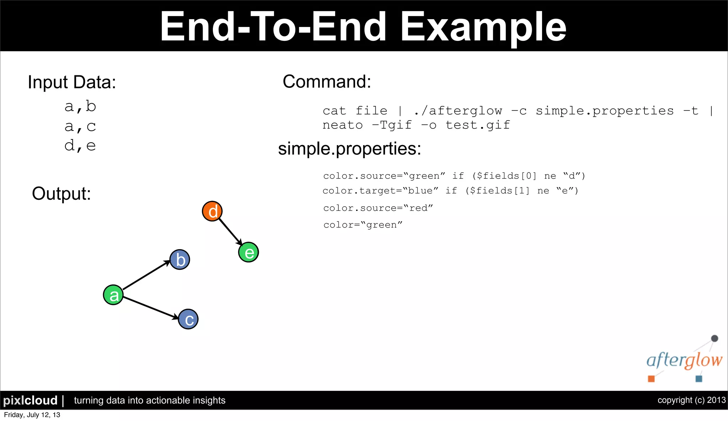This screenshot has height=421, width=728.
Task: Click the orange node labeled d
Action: pyautogui.click(x=212, y=211)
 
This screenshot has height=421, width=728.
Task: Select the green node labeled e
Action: pyautogui.click(x=248, y=252)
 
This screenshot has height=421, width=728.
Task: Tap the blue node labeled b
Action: pyautogui.click(x=180, y=260)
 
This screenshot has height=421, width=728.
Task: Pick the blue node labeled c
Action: pyautogui.click(x=188, y=319)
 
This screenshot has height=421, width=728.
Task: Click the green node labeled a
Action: pyautogui.click(x=113, y=295)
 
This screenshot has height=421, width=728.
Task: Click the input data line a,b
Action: pyautogui.click(x=80, y=106)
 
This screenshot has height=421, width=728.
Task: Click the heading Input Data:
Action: pyautogui.click(x=72, y=82)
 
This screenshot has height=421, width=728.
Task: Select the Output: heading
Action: pyautogui.click(x=61, y=194)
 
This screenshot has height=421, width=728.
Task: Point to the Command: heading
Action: pyautogui.click(x=327, y=81)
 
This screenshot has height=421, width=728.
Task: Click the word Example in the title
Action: pyautogui.click(x=483, y=27)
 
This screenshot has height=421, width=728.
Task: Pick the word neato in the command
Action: pyautogui.click(x=343, y=125)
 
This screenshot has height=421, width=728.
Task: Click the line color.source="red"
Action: pyautogui.click(x=378, y=208)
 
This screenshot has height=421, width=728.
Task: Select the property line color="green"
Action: pyautogui.click(x=363, y=225)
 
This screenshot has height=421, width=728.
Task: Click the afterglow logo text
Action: pyautogui.click(x=684, y=361)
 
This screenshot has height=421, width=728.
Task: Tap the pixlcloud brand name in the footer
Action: pyautogui.click(x=30, y=401)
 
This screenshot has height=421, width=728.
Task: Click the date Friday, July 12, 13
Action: pyautogui.click(x=32, y=415)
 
